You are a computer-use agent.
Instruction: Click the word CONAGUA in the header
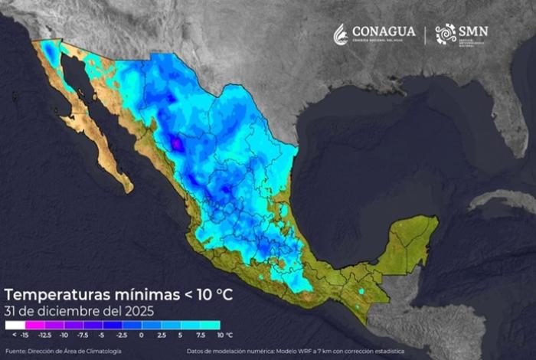(x=384, y=31)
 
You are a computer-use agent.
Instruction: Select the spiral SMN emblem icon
(x=446, y=34)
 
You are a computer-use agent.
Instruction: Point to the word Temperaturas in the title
(x=54, y=295)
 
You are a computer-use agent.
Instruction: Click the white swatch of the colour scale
(x=15, y=325)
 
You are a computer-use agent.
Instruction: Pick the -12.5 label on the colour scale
(x=44, y=335)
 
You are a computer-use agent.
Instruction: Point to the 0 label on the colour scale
(x=141, y=335)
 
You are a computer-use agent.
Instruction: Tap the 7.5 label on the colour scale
(x=200, y=335)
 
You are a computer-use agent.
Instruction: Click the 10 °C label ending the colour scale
(x=224, y=335)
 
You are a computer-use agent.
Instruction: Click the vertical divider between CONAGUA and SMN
(x=426, y=34)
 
